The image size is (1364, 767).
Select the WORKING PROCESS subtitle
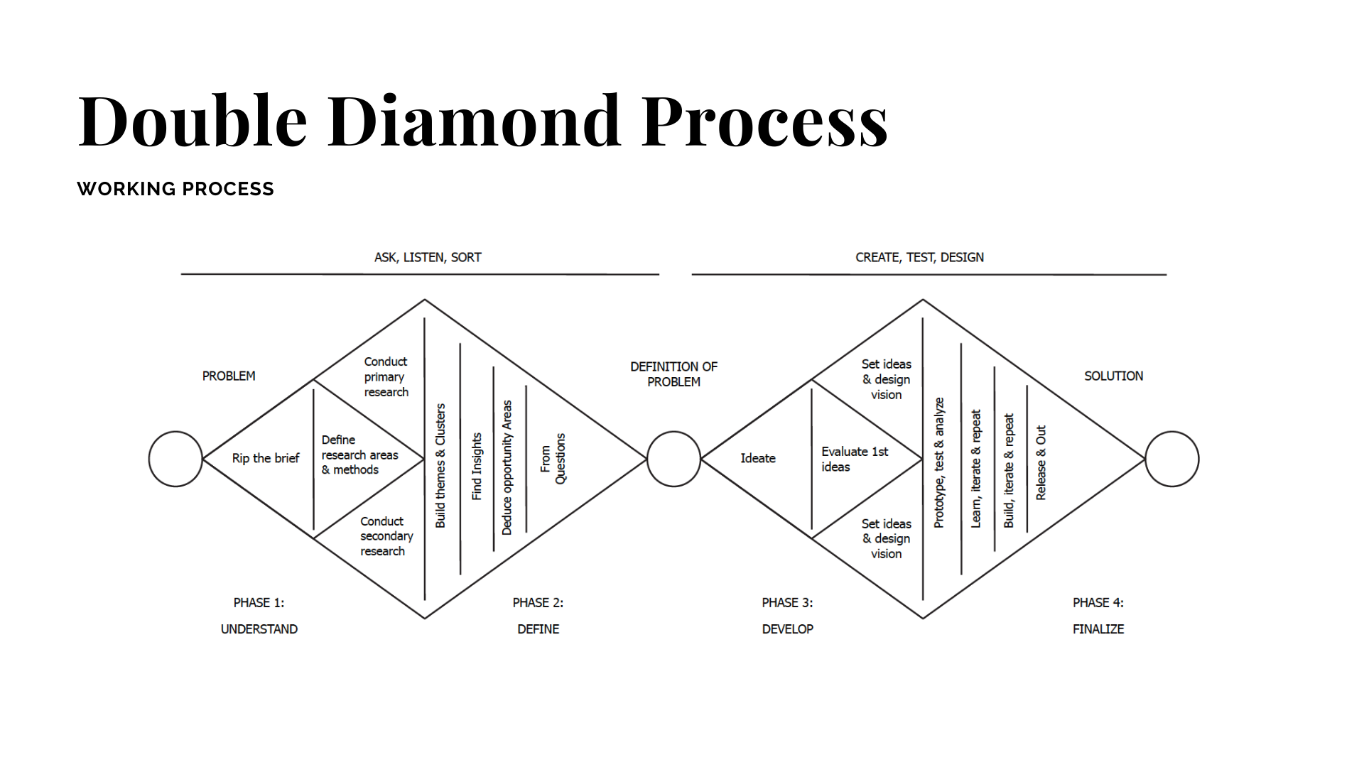(175, 189)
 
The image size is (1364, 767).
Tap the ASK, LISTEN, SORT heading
(428, 257)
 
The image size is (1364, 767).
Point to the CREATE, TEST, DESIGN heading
(919, 257)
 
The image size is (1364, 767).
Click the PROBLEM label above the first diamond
(229, 376)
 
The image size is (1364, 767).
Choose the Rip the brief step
(266, 458)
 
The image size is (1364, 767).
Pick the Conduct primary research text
(386, 376)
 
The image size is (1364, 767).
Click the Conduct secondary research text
(386, 536)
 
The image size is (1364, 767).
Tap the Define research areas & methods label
(359, 455)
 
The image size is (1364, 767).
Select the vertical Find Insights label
(477, 466)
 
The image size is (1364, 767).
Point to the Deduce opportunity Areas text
(507, 467)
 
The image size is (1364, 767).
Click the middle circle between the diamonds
(673, 459)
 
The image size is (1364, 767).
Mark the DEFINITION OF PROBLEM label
(673, 374)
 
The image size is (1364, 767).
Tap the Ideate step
(758, 458)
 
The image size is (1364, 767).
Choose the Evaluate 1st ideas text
(855, 459)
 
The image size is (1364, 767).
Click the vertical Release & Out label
(1041, 462)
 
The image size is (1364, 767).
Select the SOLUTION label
(1113, 376)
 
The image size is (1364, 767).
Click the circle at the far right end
(1172, 459)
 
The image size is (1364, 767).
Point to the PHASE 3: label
(787, 602)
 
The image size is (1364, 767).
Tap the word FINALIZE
(1098, 629)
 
